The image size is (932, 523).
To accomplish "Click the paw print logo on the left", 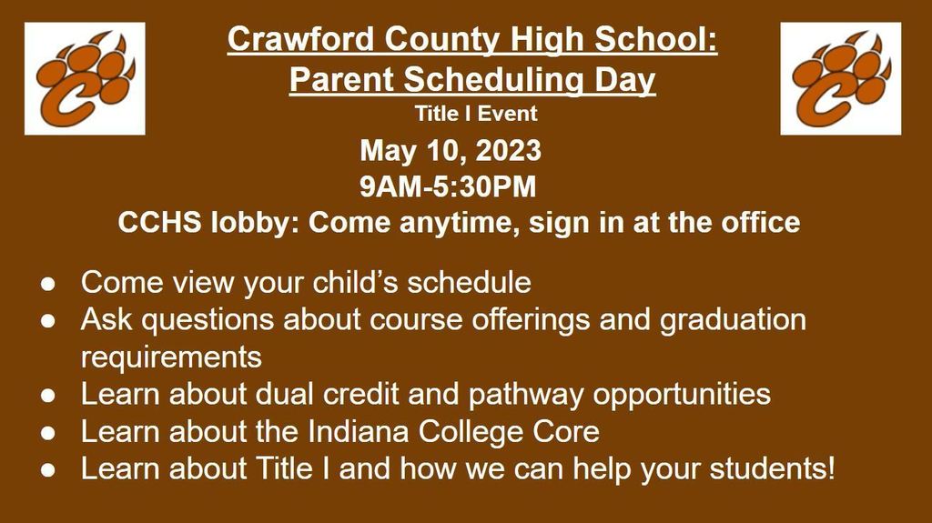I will [84, 78].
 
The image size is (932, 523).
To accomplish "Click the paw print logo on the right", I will [840, 78].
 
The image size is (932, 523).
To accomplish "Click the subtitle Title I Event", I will [475, 114].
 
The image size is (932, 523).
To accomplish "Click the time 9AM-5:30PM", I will [449, 186].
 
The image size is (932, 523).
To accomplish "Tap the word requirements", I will [171, 357].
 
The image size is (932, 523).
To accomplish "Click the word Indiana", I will [360, 431].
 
